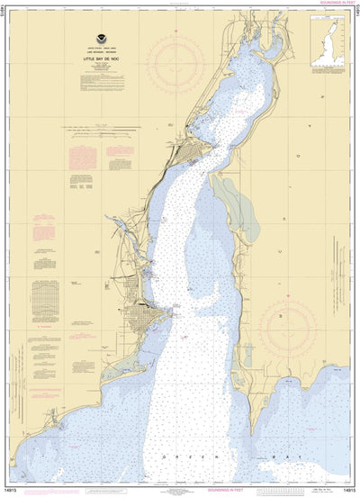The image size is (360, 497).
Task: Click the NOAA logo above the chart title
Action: pyautogui.click(x=95, y=41)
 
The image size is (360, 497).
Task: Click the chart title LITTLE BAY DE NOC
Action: pyautogui.click(x=95, y=59)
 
